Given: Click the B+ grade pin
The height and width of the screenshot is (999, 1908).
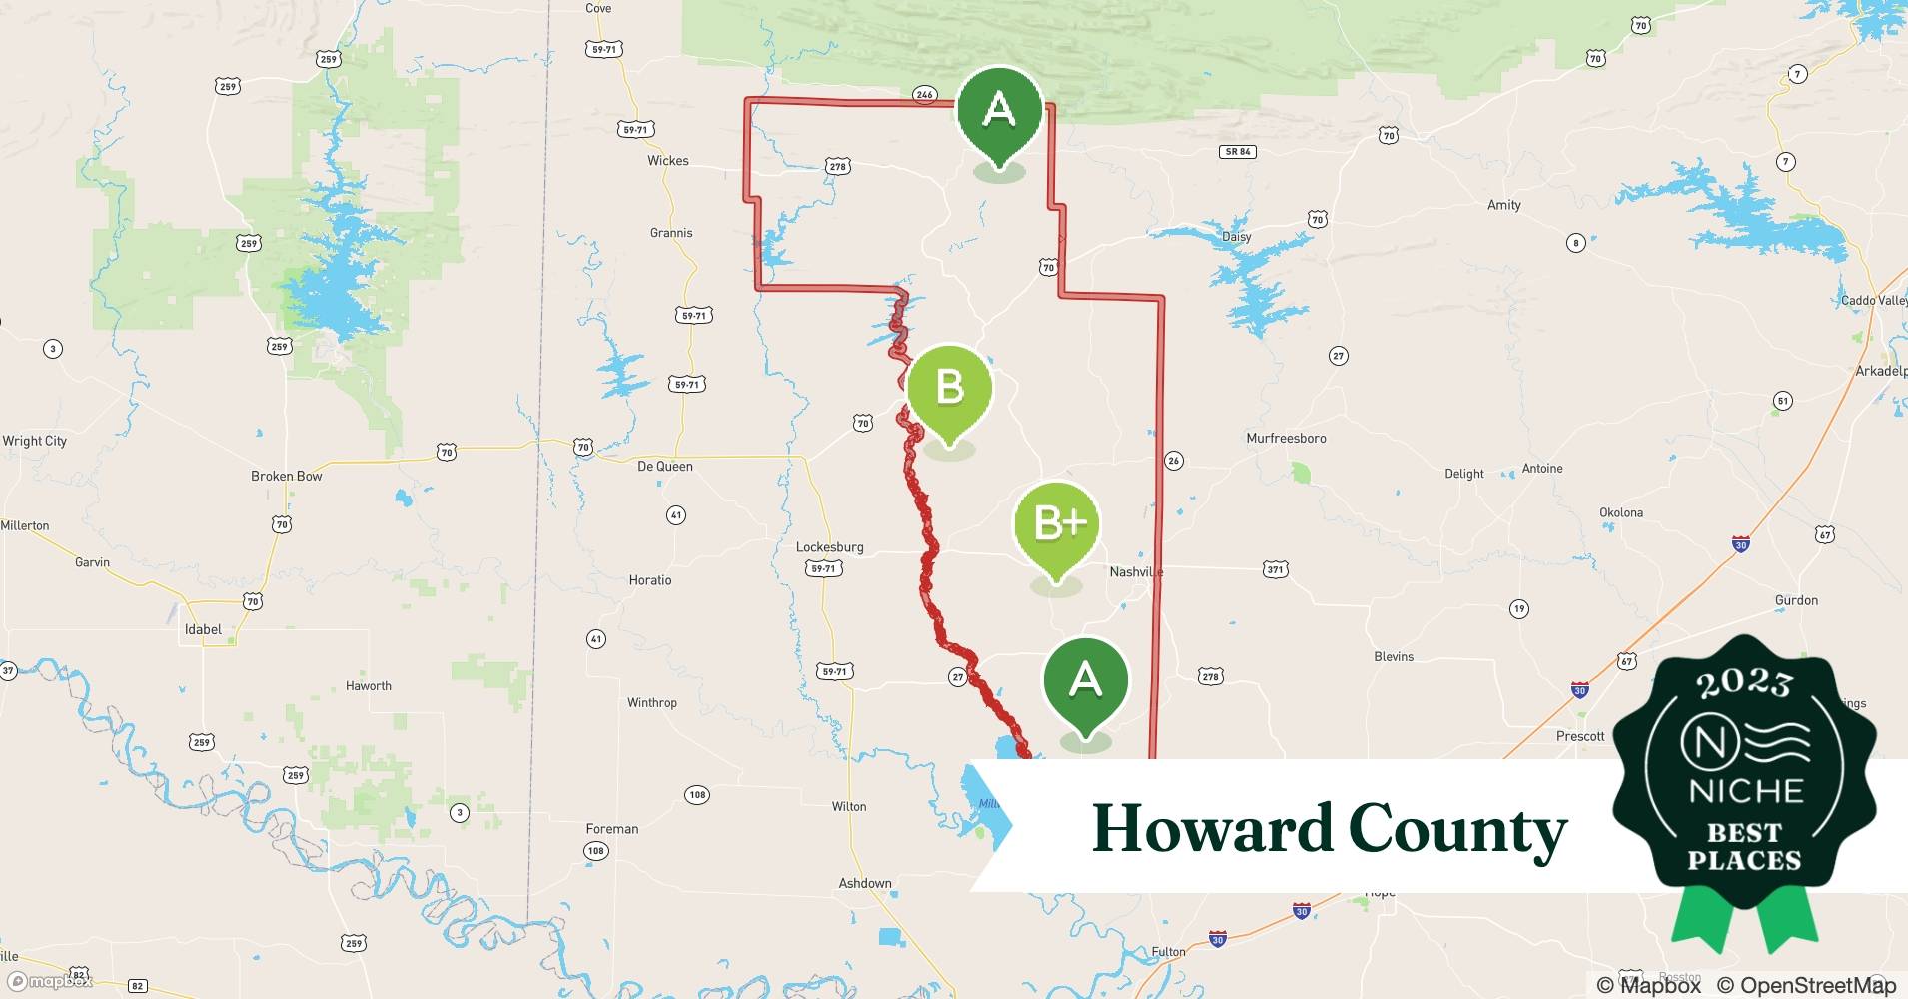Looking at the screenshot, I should (x=1056, y=525).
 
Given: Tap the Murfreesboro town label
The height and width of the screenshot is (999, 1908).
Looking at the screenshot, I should (x=1286, y=438).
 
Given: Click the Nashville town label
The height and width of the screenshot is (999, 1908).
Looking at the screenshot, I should (x=1136, y=571).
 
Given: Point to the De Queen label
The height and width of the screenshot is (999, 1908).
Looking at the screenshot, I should (x=664, y=466).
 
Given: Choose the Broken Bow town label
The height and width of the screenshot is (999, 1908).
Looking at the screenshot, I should (x=286, y=476).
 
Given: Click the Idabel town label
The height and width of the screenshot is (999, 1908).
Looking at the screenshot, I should (x=203, y=629).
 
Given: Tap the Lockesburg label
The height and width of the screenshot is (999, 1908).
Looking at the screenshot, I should (x=829, y=547).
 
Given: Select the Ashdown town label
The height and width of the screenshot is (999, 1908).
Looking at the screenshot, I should (x=864, y=883).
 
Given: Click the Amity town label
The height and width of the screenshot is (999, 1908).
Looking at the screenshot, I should (x=1503, y=205).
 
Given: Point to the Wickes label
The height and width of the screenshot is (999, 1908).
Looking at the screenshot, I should (x=667, y=160).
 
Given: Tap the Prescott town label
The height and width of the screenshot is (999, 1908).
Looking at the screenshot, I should (x=1579, y=736).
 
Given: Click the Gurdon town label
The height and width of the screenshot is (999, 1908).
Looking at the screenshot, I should (x=1796, y=600).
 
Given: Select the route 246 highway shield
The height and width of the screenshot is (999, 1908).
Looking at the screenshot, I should (x=924, y=95).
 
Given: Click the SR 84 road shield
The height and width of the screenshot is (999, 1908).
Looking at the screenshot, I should (x=1238, y=152).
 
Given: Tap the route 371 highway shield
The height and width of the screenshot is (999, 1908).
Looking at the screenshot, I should (x=1275, y=569).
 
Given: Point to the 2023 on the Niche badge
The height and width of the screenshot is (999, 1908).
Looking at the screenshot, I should (x=1744, y=682).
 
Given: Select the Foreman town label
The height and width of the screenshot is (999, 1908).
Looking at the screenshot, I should (x=611, y=828).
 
